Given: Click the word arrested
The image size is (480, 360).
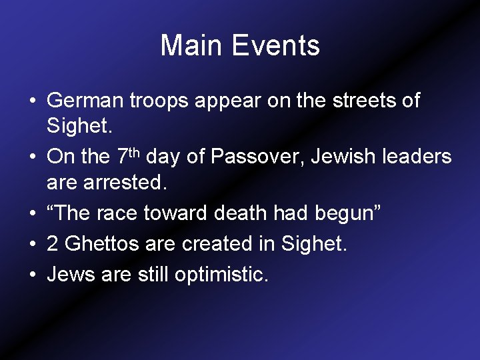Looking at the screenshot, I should (128, 181).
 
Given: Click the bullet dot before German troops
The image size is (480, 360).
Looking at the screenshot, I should (32, 102).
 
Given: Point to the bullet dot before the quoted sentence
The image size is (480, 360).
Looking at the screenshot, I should (32, 214).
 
